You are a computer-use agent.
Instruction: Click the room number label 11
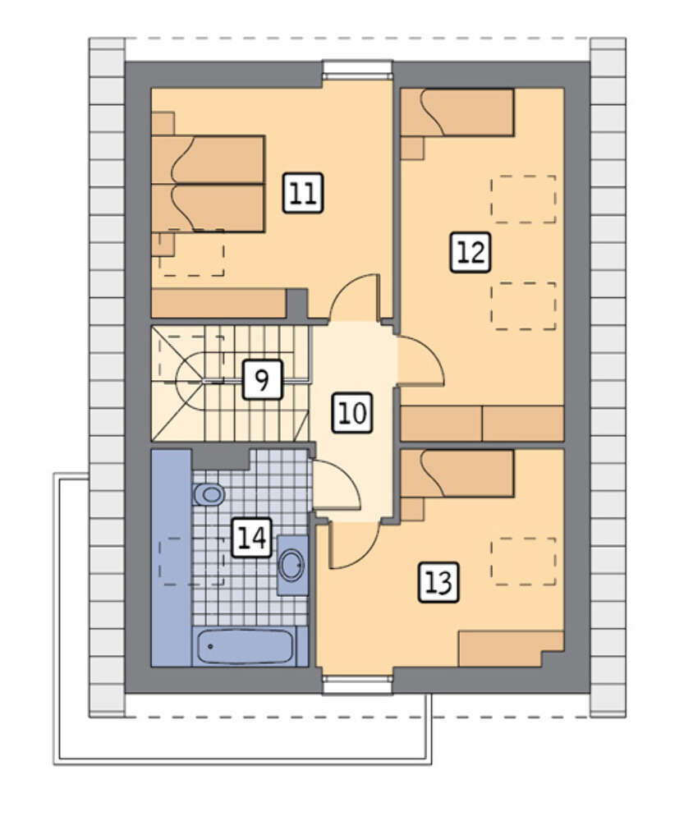coord(303,193)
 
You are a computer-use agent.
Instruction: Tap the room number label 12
coord(471,252)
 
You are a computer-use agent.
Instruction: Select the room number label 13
coord(438,582)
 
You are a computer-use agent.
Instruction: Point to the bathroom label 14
coord(252,538)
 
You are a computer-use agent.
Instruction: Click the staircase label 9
coord(263,379)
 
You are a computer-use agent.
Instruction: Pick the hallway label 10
coord(353,413)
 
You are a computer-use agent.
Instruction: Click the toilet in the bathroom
coord(209,493)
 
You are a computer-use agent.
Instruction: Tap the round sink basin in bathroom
coord(292,565)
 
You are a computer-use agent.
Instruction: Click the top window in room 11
coord(357,69)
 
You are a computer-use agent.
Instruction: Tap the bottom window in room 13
coord(357,685)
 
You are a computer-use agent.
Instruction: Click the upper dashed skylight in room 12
coord(523,199)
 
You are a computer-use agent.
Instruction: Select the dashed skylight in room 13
coord(523,561)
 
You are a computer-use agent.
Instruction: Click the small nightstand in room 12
coord(413,147)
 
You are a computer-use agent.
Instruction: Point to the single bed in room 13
coord(457,474)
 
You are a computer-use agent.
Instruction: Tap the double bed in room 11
coord(208,183)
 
